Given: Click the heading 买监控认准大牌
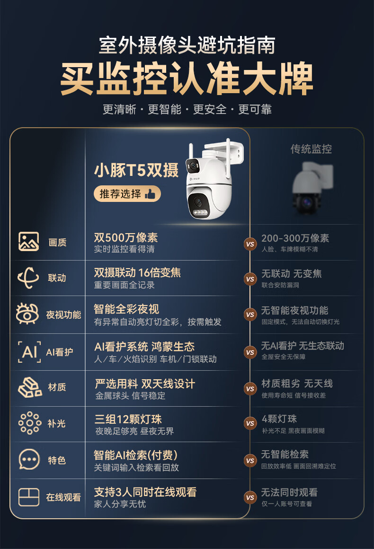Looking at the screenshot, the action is (187, 78).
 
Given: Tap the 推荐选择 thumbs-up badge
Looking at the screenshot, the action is (127, 193).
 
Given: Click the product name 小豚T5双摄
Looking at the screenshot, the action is (136, 171).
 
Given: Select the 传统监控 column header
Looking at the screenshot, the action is (311, 149).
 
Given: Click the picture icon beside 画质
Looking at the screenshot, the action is (29, 242).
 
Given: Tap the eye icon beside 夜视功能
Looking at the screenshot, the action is (27, 314).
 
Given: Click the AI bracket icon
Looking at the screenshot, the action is (29, 351).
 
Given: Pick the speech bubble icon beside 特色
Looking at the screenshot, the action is (29, 459).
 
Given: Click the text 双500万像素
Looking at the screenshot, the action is (126, 237).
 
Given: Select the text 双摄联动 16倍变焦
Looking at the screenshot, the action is (137, 272).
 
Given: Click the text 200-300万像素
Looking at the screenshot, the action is (295, 238).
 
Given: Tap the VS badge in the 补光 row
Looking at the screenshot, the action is (250, 423).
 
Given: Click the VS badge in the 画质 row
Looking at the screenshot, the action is (250, 244).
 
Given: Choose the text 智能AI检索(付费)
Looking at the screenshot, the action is (136, 455).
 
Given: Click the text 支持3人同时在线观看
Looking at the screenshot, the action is (145, 492).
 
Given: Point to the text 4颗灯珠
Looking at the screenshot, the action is (279, 419).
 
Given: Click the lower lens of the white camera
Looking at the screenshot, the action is (198, 202).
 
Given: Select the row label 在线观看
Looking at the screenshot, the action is (63, 497).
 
